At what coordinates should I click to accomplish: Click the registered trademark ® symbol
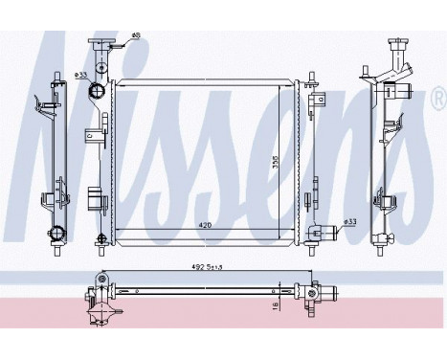tap(437, 99)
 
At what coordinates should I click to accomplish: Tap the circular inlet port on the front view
tap(96, 91)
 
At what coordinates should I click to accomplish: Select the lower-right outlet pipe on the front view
tap(327, 229)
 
